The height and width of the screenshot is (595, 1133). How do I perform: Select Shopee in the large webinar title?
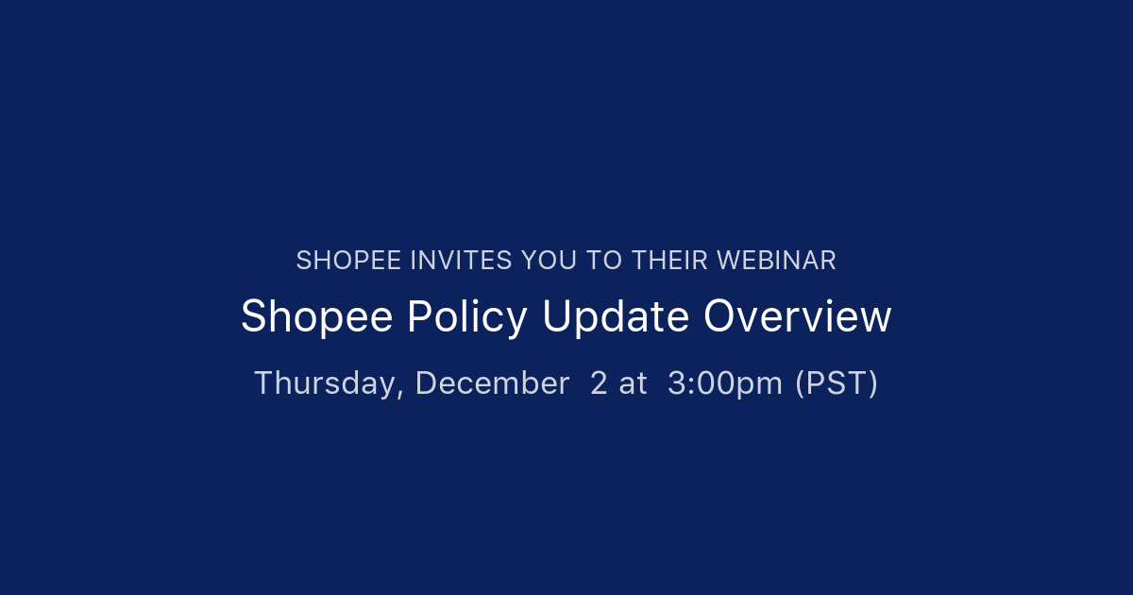pyautogui.click(x=316, y=317)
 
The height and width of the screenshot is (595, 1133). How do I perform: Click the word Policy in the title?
pyautogui.click(x=466, y=317)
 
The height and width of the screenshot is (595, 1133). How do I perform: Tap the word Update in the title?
pyautogui.click(x=616, y=317)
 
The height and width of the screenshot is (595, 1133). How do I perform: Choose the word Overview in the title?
pyautogui.click(x=797, y=317)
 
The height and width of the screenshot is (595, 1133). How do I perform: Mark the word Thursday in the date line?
pyautogui.click(x=328, y=383)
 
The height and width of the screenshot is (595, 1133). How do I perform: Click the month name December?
pyautogui.click(x=492, y=383)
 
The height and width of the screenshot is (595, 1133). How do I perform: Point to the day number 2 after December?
pyautogui.click(x=599, y=383)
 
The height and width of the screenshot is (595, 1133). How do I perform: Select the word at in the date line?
pyautogui.click(x=634, y=383)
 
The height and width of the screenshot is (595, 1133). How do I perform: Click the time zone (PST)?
pyautogui.click(x=837, y=383)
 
